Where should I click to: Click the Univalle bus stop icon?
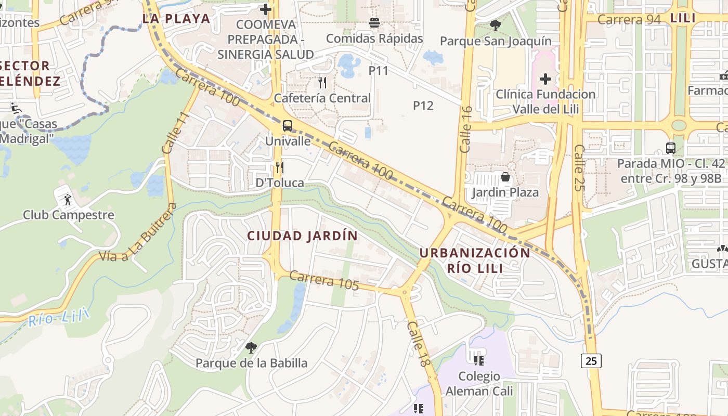pos(287,126)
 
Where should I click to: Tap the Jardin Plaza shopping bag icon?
pos(505,177)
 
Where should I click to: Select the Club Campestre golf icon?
pos(67,199)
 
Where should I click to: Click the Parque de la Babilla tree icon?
pos(251,347)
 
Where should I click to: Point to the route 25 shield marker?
pos(592,360)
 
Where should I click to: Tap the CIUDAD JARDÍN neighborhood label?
pos(302,236)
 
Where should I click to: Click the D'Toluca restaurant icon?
pos(280,167)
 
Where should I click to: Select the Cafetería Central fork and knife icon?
pos(322,82)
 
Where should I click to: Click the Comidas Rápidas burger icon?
pos(374,23)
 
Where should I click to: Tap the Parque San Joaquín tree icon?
pos(495,25)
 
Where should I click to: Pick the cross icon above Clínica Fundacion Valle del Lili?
pos(545,79)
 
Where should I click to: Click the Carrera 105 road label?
pos(324,280)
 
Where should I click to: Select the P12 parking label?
pos(423,106)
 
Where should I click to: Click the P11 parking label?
pos(379,70)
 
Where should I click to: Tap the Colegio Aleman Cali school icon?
pos(479,360)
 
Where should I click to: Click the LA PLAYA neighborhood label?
pos(176,19)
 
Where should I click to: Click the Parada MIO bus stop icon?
pos(670,148)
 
